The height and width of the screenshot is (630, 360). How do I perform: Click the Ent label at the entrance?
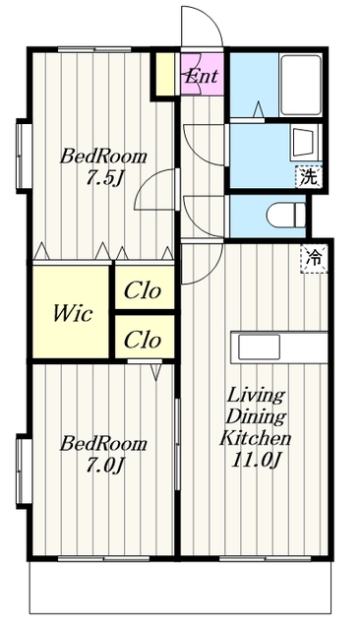201,76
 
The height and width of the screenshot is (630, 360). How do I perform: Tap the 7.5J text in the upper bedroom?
103,178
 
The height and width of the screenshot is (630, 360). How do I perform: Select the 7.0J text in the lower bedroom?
103,466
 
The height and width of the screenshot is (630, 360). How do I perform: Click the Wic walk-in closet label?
73,313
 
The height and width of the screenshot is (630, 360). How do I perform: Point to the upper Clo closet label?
143,291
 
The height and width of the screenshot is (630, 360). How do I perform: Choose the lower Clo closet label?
143,340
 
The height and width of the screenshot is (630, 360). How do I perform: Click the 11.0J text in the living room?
256,460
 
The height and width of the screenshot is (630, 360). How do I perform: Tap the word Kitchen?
256,438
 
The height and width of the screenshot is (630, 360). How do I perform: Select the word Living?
256,396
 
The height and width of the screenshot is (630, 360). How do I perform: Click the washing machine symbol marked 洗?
309,176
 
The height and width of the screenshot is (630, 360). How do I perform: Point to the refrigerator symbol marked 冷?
314,259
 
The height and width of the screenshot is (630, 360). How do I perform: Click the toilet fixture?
286,216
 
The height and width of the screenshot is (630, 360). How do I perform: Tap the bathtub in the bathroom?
301,86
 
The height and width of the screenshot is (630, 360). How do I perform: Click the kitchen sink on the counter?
259,347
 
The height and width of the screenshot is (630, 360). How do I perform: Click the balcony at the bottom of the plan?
180,587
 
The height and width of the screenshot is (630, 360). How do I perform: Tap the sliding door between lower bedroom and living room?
177,444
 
